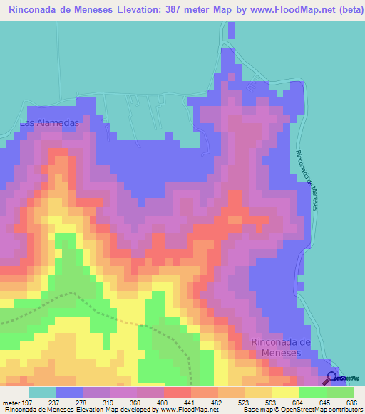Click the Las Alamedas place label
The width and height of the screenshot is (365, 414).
(48, 123)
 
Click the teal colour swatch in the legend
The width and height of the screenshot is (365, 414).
(41, 392)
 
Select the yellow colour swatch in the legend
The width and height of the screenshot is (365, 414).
(286, 392)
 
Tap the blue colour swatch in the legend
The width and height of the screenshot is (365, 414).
(69, 392)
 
